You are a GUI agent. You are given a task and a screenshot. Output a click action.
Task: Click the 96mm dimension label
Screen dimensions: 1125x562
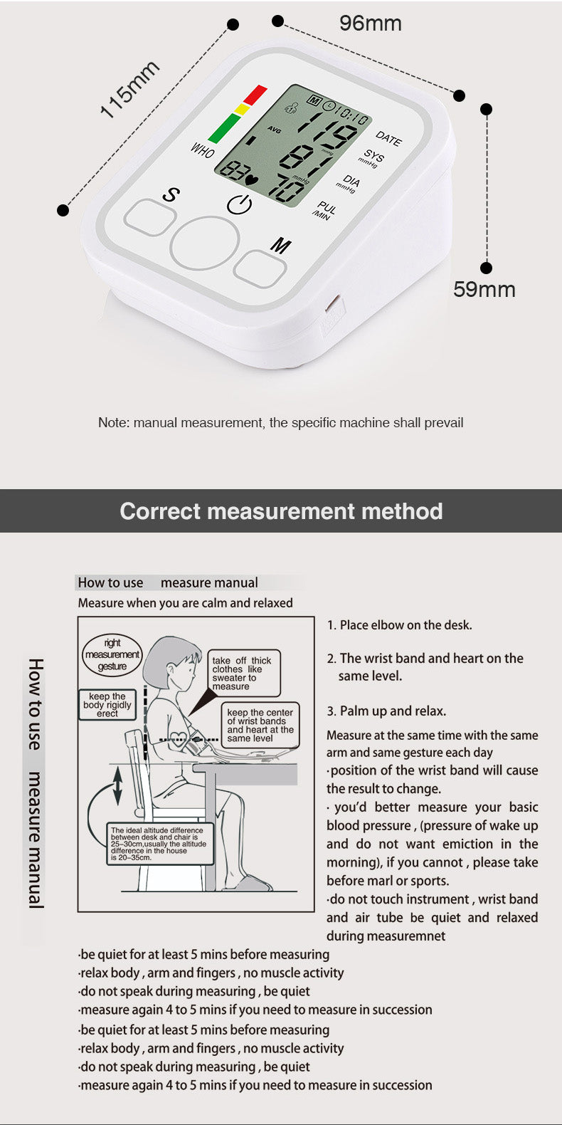370,23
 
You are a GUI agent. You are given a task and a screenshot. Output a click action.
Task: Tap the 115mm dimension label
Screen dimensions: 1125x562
129,90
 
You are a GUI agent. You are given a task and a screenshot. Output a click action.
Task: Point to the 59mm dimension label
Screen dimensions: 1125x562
484,290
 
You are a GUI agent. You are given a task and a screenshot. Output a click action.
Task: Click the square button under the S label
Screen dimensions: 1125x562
149,216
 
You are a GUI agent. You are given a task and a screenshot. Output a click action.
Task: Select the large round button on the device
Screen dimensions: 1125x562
205,242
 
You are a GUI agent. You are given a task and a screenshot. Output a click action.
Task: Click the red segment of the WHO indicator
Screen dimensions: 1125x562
255,94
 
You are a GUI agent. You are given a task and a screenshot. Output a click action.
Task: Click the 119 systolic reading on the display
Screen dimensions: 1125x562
326,132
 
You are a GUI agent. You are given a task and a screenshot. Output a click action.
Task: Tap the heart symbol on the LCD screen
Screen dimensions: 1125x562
251,172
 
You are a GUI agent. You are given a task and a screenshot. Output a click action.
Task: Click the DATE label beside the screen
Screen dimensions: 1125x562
388,138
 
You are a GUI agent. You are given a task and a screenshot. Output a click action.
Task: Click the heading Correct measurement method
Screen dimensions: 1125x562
281,511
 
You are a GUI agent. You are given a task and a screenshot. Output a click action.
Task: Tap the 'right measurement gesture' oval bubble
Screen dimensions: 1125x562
112,655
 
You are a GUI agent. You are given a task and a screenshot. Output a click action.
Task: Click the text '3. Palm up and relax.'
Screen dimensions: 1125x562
386,711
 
